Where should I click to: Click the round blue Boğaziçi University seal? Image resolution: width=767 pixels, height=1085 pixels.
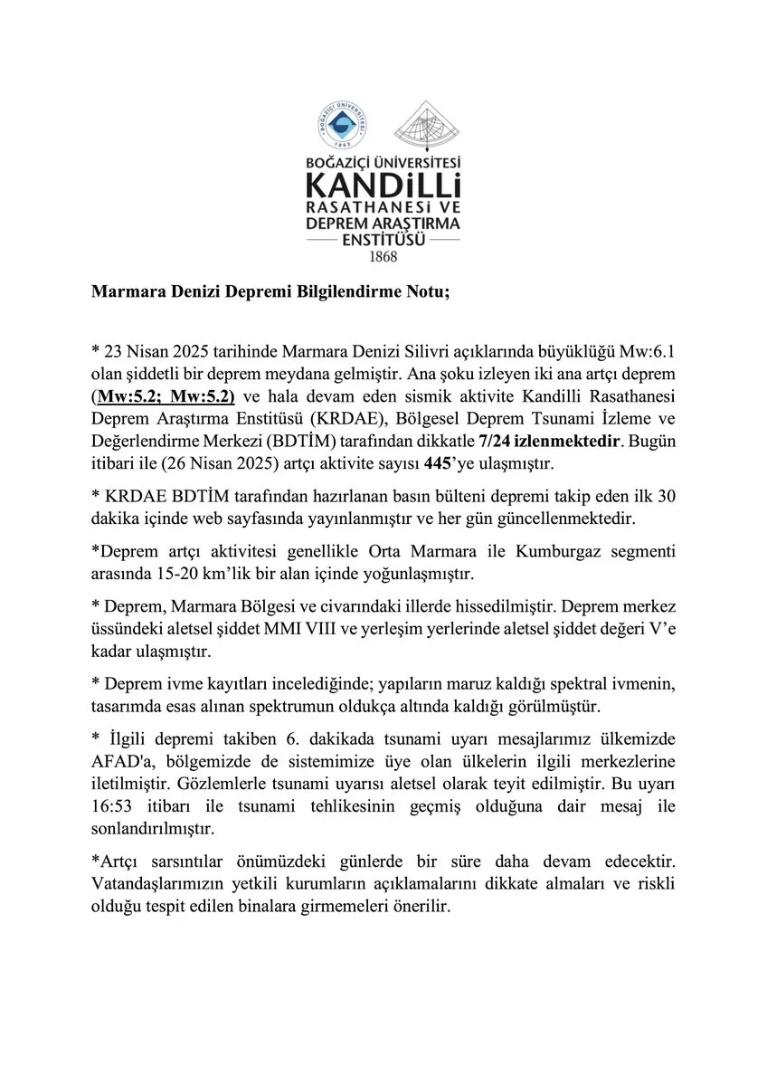tap(345, 132)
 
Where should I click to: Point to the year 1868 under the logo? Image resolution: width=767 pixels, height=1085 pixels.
tap(383, 256)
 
